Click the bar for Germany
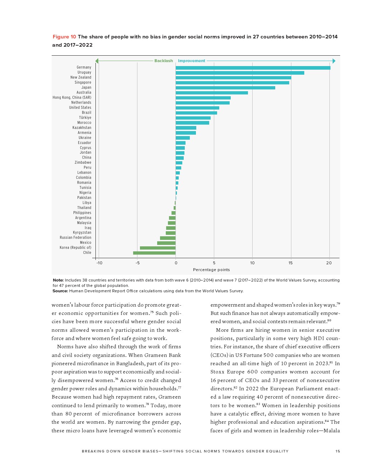(253, 68)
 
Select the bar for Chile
(154, 253)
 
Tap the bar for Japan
(225, 88)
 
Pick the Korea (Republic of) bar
(158, 248)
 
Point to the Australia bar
(212, 93)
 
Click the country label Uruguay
(84, 73)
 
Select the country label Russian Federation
(75, 238)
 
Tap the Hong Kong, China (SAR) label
(72, 98)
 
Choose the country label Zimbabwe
(83, 163)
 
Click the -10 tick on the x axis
(99, 263)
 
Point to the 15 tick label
(291, 263)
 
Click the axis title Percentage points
(211, 270)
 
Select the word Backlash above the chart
(164, 61)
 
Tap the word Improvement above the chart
(192, 61)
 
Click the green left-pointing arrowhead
(97, 61)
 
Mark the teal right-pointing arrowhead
(334, 61)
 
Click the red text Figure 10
(64, 37)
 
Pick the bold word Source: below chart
(60, 291)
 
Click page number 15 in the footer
(338, 451)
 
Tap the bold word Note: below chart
(58, 280)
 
